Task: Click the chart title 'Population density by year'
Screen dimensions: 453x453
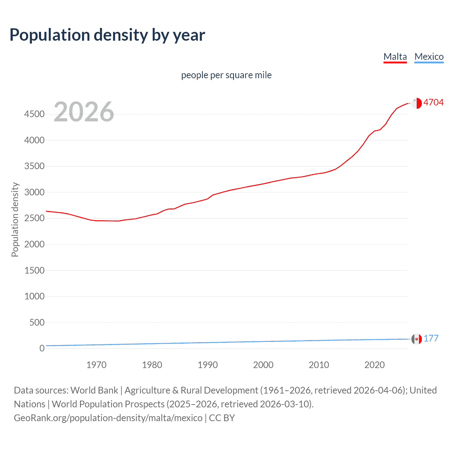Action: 107,35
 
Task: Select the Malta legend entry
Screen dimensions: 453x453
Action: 395,57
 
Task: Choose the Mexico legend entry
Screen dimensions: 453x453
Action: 429,57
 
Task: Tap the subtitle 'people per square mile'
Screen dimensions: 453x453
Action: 226,75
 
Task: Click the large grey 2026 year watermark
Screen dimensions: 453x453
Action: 84,112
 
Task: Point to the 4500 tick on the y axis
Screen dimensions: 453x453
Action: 34,114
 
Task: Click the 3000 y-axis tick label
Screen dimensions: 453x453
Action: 34,192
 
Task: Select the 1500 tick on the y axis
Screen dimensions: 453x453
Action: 34,270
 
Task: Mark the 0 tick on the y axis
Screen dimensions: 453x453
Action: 42,348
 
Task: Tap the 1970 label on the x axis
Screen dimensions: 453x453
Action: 96,365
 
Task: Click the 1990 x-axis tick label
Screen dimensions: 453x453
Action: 208,365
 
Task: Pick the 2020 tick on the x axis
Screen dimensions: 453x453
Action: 374,365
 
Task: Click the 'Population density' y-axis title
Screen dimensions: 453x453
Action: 15,219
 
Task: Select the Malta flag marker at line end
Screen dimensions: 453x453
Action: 417,103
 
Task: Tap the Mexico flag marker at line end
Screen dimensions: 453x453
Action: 417,339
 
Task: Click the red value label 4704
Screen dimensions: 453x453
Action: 433,102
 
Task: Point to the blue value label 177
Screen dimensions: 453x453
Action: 431,338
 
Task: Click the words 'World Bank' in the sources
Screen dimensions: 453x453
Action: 94,390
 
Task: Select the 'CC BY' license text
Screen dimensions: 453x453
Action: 222,418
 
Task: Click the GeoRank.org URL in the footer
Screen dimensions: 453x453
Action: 108,418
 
